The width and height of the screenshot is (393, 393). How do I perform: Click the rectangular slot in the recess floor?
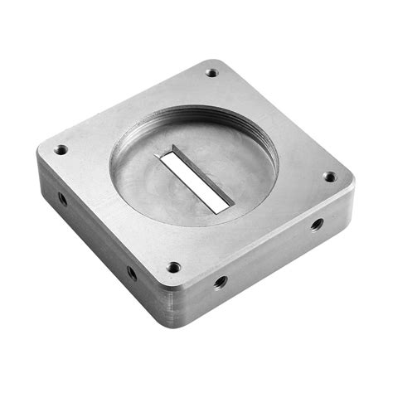click(x=195, y=180)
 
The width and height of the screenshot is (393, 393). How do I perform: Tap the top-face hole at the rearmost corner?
click(x=211, y=73)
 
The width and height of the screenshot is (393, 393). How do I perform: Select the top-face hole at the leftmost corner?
click(x=61, y=150)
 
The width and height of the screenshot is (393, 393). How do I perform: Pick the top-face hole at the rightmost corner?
click(x=329, y=177)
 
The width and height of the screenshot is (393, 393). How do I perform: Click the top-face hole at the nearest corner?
click(x=173, y=267)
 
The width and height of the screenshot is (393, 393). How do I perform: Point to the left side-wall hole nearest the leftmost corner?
click(x=62, y=199)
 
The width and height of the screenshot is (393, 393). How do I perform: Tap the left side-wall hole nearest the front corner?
click(x=132, y=272)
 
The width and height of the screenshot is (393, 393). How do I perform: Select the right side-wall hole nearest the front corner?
click(x=220, y=282)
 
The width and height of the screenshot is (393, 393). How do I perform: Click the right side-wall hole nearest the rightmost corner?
click(x=317, y=224)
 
